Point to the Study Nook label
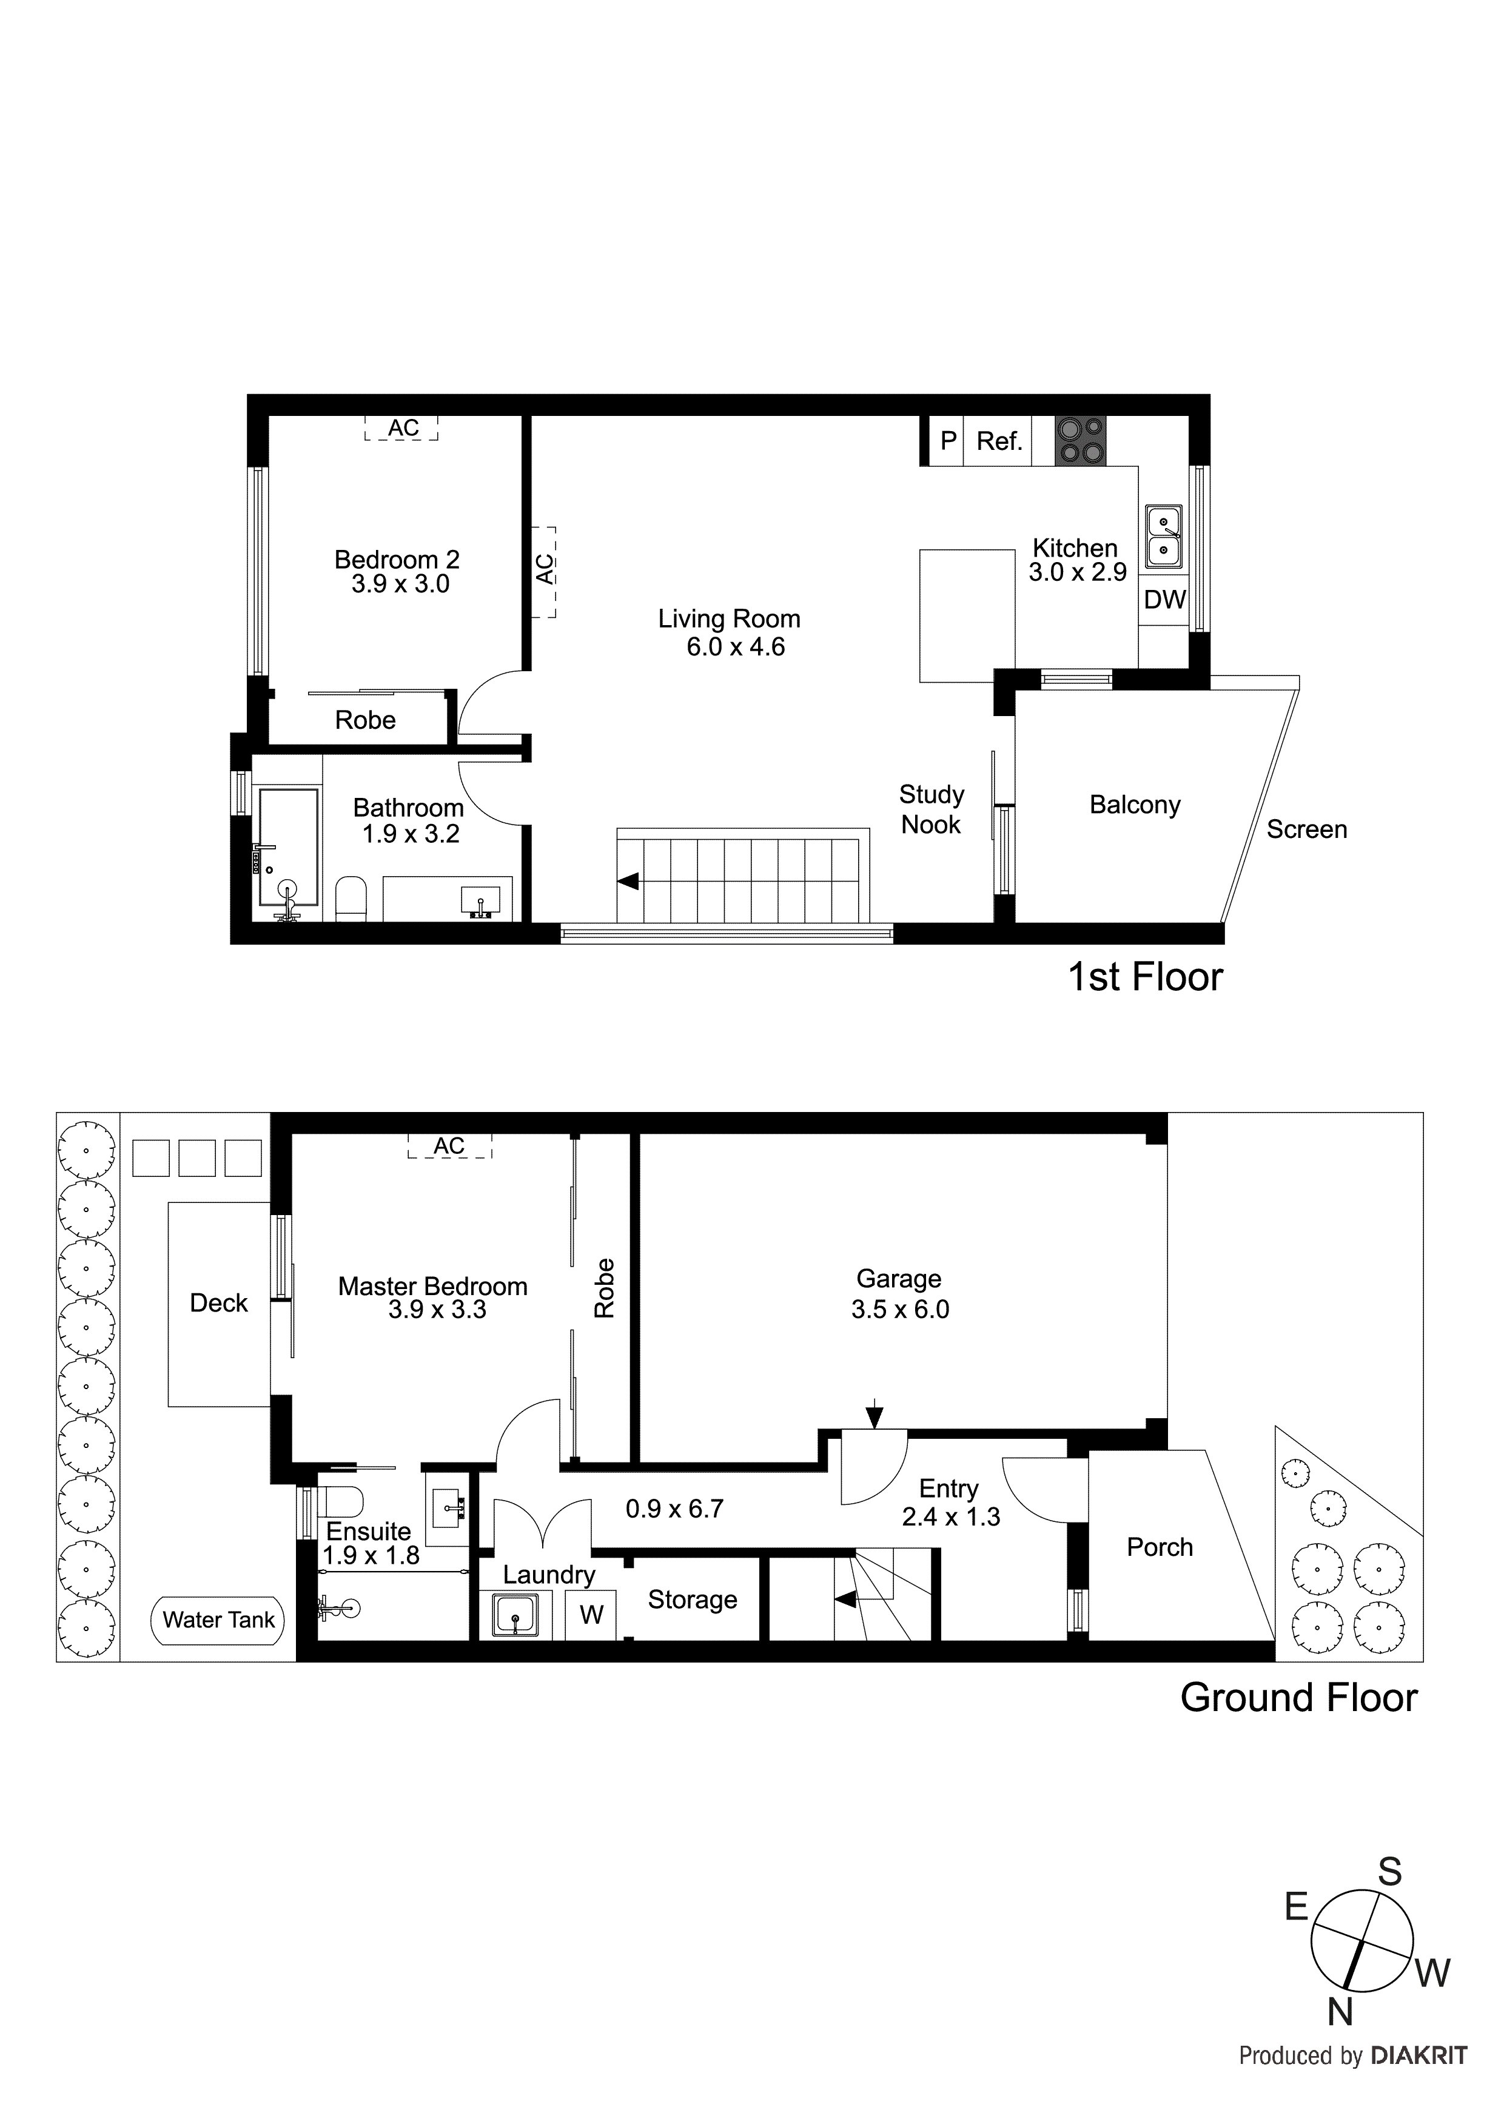932,809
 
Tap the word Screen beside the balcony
1306,829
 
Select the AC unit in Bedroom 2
402,428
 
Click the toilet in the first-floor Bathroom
351,900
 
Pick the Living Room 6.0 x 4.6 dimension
735,646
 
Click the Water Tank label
219,1620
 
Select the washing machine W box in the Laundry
591,1615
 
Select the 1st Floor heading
1146,977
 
